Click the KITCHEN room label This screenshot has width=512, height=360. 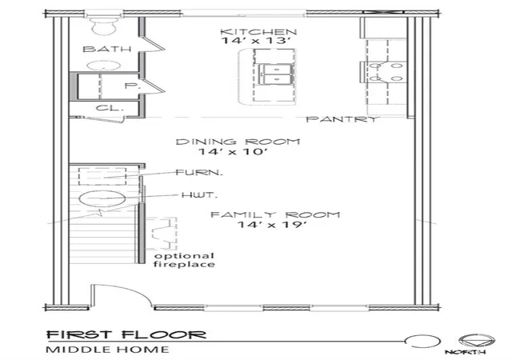[x=258, y=32]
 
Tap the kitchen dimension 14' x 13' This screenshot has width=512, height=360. [x=256, y=41]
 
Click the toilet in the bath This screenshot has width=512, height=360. [x=104, y=25]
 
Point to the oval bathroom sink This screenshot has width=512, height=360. [x=104, y=66]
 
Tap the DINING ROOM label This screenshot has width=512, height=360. [x=238, y=142]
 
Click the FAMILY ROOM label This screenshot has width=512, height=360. [x=275, y=215]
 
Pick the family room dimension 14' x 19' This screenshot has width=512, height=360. [x=272, y=225]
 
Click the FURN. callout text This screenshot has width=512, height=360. [x=199, y=172]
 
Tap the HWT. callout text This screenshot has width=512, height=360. [x=199, y=195]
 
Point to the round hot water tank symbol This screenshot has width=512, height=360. [x=102, y=198]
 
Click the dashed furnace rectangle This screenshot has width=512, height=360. [x=102, y=177]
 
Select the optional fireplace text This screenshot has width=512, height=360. [x=184, y=260]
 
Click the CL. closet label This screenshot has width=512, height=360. [x=110, y=108]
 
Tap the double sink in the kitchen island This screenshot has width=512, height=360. [x=276, y=74]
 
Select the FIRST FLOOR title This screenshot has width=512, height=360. [x=126, y=335]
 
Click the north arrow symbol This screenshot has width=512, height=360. [x=477, y=341]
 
